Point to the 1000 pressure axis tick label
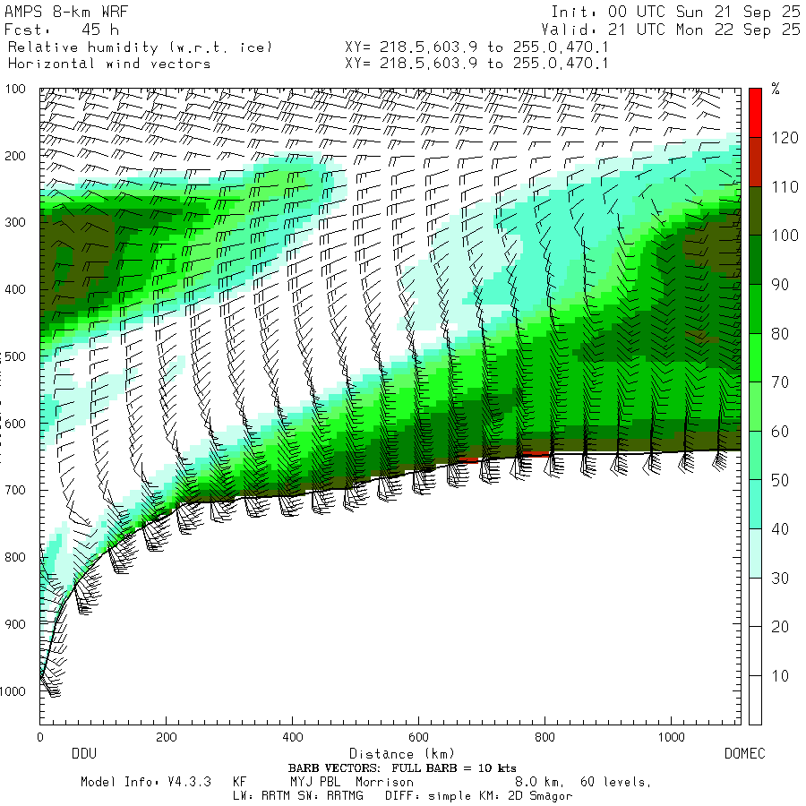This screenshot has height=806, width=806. click(18, 691)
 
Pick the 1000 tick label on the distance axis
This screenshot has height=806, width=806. click(672, 737)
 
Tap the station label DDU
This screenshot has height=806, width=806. click(83, 754)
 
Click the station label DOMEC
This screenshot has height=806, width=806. click(744, 754)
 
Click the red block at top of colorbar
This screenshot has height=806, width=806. click(756, 113)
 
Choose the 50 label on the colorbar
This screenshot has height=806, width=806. click(781, 480)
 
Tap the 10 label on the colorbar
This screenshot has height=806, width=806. click(781, 675)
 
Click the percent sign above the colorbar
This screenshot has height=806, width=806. click(776, 89)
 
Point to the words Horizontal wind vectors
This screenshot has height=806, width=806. click(109, 64)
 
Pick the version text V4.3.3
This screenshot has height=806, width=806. click(188, 782)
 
